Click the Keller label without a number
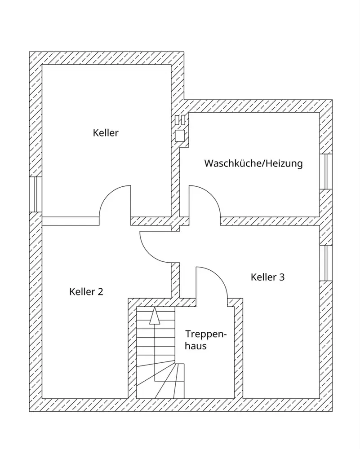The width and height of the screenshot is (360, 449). point(106,133)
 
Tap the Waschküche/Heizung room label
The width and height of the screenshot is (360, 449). point(253,163)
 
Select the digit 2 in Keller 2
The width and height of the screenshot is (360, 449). point(100,292)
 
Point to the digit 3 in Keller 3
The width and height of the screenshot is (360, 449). point(282,277)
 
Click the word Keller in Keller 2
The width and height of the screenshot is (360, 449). point(82,292)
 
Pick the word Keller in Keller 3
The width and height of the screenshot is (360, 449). point(263,277)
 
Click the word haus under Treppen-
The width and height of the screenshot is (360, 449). point(196,346)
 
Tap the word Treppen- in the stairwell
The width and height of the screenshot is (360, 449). point(206,335)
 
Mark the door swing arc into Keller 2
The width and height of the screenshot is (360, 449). point(149,254)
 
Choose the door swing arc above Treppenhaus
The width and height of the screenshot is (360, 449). point(218,276)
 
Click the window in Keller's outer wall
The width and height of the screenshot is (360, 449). point(36,194)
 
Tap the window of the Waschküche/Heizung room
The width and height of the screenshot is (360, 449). point(326,172)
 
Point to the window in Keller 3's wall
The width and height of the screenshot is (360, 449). point(326,263)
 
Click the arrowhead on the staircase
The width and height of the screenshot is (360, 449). point(155,316)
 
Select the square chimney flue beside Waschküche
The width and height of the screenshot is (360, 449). point(180,136)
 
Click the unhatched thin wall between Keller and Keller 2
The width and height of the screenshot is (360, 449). point(71,221)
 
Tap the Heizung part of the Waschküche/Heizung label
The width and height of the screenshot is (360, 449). point(284,163)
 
